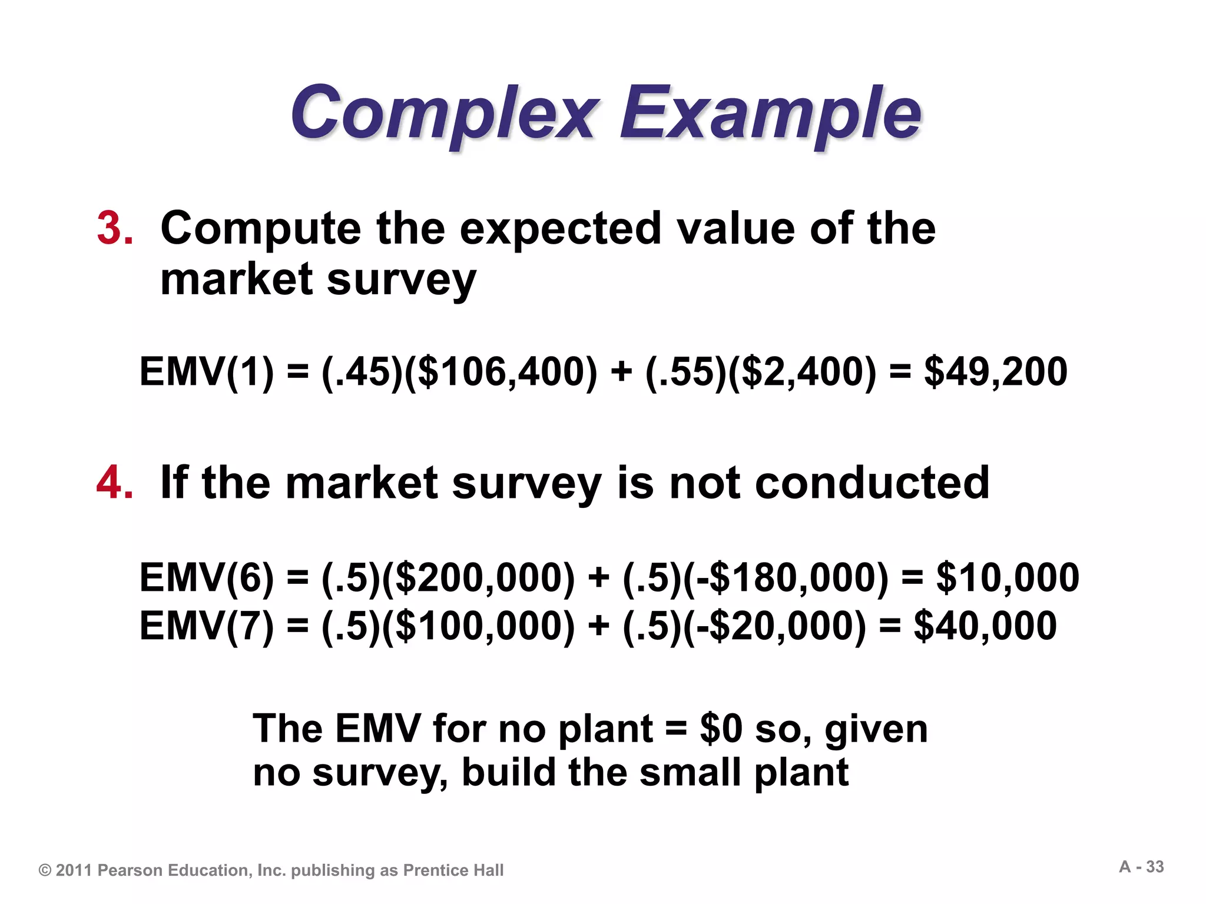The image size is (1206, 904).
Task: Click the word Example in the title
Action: [770, 113]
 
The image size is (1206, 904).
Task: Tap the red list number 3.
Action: [115, 228]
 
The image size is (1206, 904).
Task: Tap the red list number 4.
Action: [115, 483]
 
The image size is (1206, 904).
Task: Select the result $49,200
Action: [995, 372]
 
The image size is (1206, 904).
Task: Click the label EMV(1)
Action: [207, 372]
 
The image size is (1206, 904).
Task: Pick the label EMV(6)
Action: [207, 577]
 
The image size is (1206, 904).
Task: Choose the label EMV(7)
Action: [207, 625]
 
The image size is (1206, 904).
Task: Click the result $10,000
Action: [1008, 577]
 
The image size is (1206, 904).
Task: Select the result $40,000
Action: [985, 625]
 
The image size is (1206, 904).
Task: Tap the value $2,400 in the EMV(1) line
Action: [802, 372]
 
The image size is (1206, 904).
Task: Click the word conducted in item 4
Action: [872, 483]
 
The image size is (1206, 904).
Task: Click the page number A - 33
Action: [1141, 867]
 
